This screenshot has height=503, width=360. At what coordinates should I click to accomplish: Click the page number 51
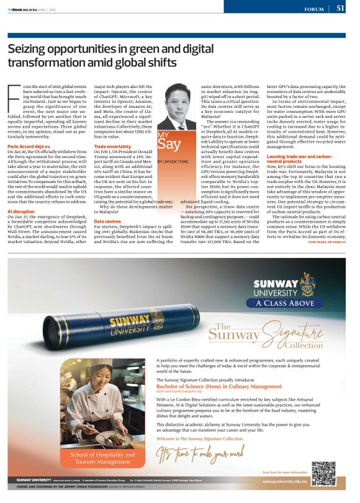point(341,9)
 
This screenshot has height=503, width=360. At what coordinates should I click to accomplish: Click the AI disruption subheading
point(20,211)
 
